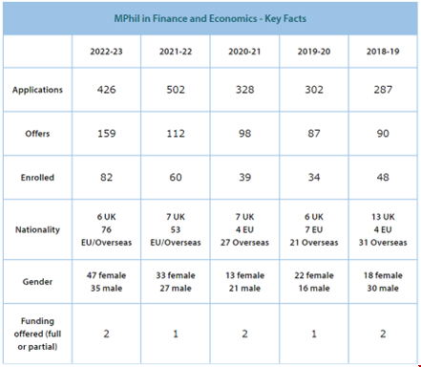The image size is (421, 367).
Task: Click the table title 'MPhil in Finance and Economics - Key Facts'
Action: pyautogui.click(x=210, y=18)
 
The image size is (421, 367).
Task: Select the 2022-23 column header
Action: pyautogui.click(x=106, y=52)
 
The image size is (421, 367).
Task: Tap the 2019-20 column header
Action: pyautogui.click(x=314, y=52)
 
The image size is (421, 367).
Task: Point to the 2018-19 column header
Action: pyautogui.click(x=383, y=52)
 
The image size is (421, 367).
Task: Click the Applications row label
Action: pyautogui.click(x=37, y=90)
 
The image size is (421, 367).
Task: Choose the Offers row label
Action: pyautogui.click(x=37, y=134)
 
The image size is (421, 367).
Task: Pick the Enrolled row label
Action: pyautogui.click(x=37, y=178)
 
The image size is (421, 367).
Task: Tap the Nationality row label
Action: pyautogui.click(x=37, y=229)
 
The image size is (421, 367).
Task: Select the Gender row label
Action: pyautogui.click(x=37, y=282)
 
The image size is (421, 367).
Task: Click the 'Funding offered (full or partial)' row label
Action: pyautogui.click(x=37, y=334)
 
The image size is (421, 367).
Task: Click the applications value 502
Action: pyautogui.click(x=176, y=90)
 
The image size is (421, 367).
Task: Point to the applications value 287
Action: pyautogui.click(x=383, y=90)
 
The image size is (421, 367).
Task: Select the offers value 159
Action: pyautogui.click(x=106, y=133)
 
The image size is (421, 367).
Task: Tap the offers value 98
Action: pyautogui.click(x=244, y=133)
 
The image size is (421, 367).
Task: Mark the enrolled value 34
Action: pyautogui.click(x=314, y=177)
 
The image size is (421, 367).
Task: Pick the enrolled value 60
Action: pyautogui.click(x=176, y=177)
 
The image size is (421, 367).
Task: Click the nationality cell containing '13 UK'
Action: pyautogui.click(x=383, y=229)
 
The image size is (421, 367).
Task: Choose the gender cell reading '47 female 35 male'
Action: pyautogui.click(x=106, y=282)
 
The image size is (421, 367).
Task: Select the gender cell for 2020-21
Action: pyautogui.click(x=244, y=282)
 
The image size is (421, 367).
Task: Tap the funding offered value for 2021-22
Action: pyautogui.click(x=176, y=334)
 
